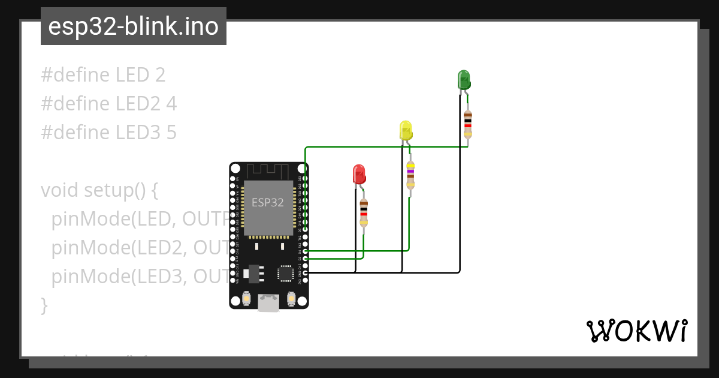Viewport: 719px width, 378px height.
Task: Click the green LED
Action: tap(464, 80)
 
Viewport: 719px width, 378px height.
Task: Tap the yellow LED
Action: tap(406, 130)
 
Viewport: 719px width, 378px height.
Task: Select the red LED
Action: tap(359, 174)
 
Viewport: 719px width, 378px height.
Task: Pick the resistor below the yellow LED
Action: tap(410, 175)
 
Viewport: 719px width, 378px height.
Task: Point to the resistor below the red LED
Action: tap(364, 213)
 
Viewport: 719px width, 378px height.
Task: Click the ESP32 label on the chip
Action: tap(268, 202)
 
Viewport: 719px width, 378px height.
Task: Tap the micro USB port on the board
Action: tap(268, 302)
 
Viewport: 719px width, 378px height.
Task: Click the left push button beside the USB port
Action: tap(246, 298)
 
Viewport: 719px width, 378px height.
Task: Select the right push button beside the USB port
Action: tap(291, 298)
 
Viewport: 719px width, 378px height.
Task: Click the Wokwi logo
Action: tap(636, 331)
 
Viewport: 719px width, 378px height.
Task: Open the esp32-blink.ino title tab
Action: tap(133, 26)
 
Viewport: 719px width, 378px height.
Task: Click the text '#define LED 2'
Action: tap(103, 75)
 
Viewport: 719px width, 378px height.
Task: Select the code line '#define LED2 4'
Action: tap(109, 104)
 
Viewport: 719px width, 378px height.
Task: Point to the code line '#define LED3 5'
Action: tap(109, 133)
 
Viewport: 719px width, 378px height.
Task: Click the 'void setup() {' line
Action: tap(99, 190)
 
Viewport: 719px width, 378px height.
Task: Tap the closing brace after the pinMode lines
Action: tap(44, 305)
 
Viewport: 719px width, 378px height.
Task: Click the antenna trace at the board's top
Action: tap(268, 170)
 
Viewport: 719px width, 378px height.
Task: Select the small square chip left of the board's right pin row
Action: tap(285, 274)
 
